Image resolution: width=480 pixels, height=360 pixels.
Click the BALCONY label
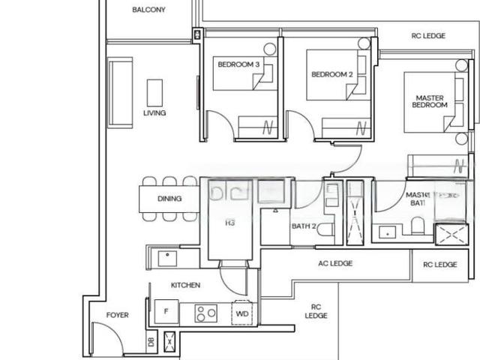click(x=148, y=10)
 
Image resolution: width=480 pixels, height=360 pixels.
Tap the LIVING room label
click(x=154, y=113)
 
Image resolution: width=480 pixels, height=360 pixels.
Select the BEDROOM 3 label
click(x=238, y=65)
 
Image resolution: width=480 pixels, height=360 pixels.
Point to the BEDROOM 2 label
click(x=331, y=74)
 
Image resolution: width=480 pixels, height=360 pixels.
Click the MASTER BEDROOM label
click(x=430, y=101)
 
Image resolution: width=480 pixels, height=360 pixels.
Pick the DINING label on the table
click(x=169, y=199)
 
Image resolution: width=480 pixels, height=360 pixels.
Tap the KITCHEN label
click(x=185, y=286)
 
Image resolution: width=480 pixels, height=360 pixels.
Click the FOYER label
click(x=117, y=316)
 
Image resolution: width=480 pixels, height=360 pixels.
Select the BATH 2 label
click(x=304, y=226)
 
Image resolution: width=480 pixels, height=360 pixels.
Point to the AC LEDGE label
click(x=335, y=263)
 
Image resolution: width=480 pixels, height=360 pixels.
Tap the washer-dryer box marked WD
click(x=242, y=313)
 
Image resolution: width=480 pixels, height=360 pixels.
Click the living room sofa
click(x=119, y=94)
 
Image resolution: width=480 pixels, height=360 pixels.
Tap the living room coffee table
click(x=155, y=93)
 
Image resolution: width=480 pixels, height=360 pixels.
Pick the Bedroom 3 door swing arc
click(x=217, y=121)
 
